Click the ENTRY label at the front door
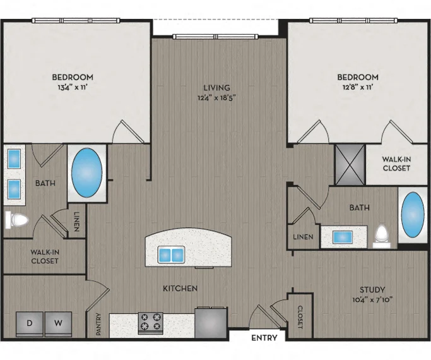click(x=264, y=337)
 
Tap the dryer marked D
click(x=30, y=324)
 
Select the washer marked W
click(x=58, y=324)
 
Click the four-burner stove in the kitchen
click(x=150, y=323)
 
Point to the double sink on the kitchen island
click(x=171, y=255)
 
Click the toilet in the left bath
click(x=16, y=220)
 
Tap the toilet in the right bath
click(x=382, y=236)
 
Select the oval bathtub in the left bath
click(x=87, y=172)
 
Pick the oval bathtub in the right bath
click(x=412, y=215)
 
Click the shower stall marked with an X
click(x=350, y=165)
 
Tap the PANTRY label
click(x=99, y=325)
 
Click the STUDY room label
click(x=372, y=290)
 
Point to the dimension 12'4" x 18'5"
click(x=216, y=98)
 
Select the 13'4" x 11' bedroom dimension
click(x=73, y=87)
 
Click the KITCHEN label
click(x=180, y=288)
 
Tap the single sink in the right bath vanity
click(x=343, y=237)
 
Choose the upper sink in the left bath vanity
click(x=14, y=159)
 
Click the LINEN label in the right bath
click(x=303, y=237)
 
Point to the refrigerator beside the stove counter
click(x=211, y=322)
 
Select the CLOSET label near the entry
click(x=300, y=317)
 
